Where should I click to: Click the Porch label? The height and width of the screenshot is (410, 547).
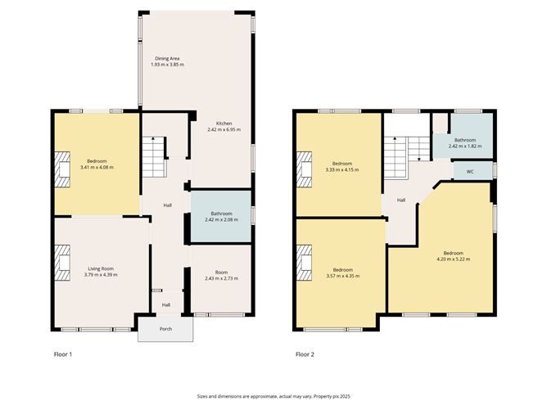pos(165,329)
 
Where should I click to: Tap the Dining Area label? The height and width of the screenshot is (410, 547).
pos(167,59)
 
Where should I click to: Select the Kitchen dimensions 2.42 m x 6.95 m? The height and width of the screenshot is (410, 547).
pos(224,129)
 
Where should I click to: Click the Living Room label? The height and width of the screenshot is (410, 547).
pos(101,268)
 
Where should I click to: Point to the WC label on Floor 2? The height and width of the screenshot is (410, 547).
pos(470,172)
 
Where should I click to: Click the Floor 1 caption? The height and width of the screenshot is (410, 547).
pos(63,354)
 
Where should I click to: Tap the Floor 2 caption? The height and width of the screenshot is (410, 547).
pos(305,354)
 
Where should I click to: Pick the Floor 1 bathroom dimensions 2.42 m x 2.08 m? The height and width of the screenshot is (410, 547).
pos(222,219)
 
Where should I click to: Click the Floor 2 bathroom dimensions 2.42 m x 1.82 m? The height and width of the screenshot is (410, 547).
pos(465,146)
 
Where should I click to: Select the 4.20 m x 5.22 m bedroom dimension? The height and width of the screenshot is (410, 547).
pos(453,259)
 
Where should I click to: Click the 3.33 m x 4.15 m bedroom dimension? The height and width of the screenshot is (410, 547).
pos(342,169)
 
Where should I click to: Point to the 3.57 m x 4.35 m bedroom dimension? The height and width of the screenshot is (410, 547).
pos(343,276)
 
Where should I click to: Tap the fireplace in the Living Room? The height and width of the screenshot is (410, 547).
pos(62,263)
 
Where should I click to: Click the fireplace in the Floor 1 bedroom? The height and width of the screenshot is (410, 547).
pos(62,169)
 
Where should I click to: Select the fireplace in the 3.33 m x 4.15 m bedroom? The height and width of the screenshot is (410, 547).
pos(304,169)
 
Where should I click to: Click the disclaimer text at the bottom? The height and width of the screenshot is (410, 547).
pos(273,396)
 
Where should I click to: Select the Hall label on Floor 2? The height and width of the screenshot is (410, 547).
pos(401,200)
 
